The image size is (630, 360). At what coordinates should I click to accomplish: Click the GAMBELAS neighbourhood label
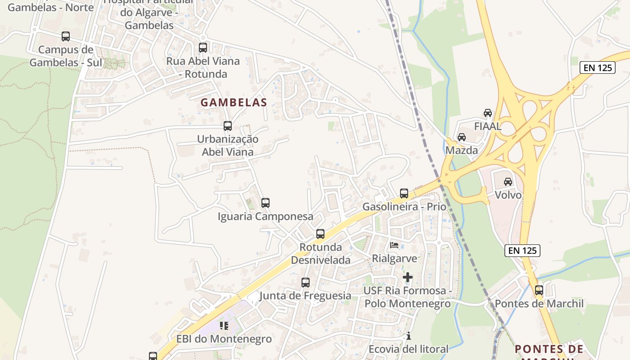[234, 103]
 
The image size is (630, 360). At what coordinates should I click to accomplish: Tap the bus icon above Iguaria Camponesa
[265, 203]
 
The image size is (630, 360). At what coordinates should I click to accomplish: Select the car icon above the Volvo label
[508, 182]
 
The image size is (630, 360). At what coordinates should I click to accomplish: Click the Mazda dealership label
[462, 150]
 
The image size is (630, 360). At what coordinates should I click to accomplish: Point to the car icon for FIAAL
[488, 113]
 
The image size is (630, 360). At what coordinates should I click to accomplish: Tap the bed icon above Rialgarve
[394, 245]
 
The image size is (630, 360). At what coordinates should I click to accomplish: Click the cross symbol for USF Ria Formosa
[408, 277]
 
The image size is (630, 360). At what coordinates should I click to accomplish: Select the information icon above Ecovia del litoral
[409, 336]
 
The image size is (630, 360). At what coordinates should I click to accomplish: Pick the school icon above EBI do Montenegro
[224, 325]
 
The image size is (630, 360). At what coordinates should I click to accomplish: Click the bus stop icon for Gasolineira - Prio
[404, 193]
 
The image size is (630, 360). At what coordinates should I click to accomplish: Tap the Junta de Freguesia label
[305, 296]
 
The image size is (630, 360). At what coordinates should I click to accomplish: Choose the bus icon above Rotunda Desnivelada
[320, 234]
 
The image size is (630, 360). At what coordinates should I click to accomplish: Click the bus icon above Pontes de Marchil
[539, 290]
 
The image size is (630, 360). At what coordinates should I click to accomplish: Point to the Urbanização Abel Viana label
[228, 145]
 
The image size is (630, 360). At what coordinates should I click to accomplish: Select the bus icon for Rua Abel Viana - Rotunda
[203, 47]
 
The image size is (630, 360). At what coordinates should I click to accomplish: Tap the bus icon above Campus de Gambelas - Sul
[66, 36]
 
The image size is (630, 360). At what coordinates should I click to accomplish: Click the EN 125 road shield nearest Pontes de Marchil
[522, 251]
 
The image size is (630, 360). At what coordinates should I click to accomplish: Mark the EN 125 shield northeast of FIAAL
[597, 67]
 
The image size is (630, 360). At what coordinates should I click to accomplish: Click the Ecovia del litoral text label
[408, 349]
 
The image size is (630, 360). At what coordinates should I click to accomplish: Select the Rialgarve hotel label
[394, 259]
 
